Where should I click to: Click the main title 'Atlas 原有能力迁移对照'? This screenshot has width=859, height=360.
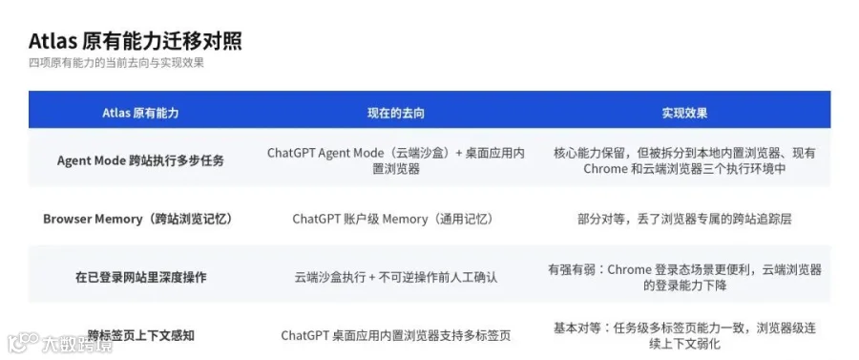[x=136, y=42]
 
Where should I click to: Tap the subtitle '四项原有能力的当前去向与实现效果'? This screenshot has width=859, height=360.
[x=116, y=63]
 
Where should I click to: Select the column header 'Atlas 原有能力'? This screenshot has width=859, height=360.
[x=140, y=113]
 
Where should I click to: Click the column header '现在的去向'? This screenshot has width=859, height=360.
[x=395, y=113]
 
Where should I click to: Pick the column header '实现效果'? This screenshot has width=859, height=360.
[x=684, y=113]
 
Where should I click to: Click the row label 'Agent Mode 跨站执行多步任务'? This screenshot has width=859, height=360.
[x=140, y=161]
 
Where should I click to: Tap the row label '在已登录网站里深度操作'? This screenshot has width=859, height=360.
[x=140, y=277]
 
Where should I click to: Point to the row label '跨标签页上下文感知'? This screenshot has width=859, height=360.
[x=140, y=335]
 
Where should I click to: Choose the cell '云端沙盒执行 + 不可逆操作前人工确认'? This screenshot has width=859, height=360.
[x=395, y=277]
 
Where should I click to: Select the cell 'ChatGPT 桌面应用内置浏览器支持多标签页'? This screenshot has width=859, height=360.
[x=395, y=335]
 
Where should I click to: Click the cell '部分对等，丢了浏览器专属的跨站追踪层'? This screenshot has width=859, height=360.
[x=684, y=220]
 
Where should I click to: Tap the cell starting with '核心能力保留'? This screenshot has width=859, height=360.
[x=684, y=161]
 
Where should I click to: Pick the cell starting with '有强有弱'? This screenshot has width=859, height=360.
[x=684, y=277]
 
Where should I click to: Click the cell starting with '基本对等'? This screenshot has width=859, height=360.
[x=684, y=336]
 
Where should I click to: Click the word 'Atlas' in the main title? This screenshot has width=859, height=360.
[x=52, y=42]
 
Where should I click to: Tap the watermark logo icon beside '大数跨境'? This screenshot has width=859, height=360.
[x=23, y=343]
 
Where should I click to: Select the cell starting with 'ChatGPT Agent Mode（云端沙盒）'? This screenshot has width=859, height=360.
[x=395, y=161]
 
